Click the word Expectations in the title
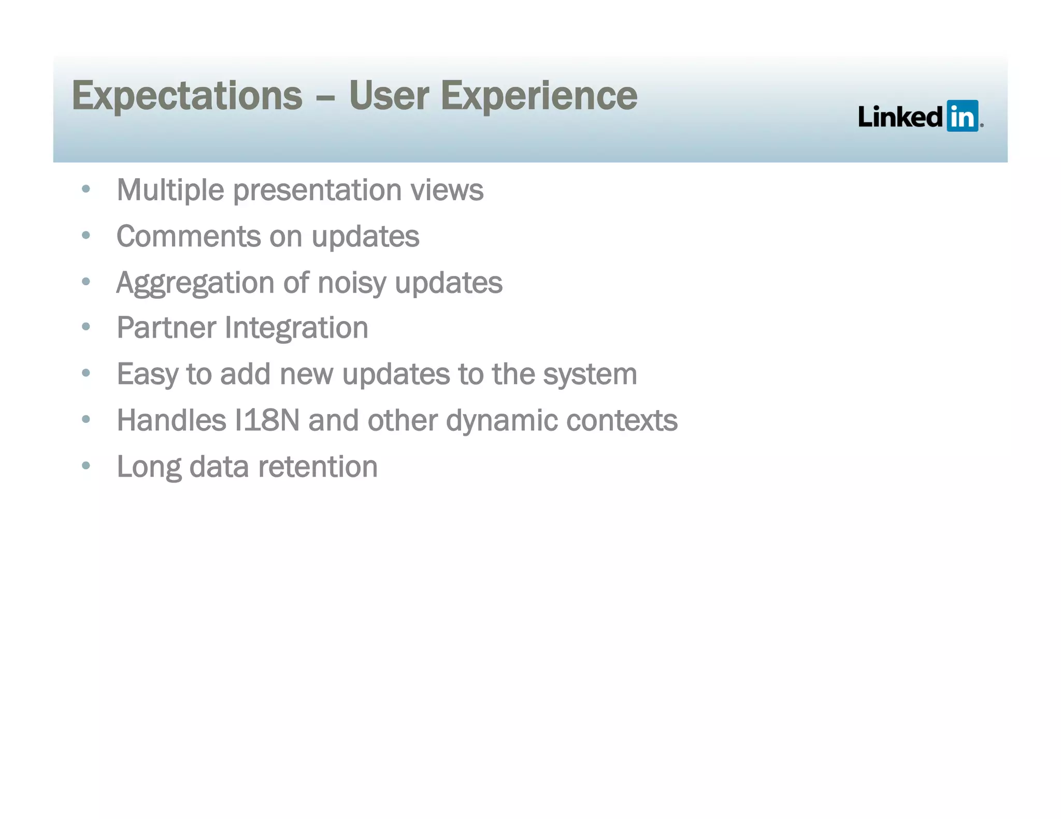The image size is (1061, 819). click(x=187, y=96)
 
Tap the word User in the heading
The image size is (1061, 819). click(x=389, y=96)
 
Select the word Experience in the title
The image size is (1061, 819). click(x=539, y=96)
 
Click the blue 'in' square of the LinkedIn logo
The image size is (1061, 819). click(x=962, y=116)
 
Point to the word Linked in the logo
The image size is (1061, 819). click(x=900, y=116)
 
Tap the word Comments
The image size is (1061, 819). click(x=188, y=237)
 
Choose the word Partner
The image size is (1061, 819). click(x=166, y=328)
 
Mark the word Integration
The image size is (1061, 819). click(x=296, y=328)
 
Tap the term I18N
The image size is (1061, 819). click(x=267, y=420)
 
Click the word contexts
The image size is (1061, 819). click(x=622, y=420)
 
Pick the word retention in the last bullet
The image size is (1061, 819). click(x=318, y=466)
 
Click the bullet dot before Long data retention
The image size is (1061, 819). click(x=86, y=465)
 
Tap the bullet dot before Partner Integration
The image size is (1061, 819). click(x=86, y=327)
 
